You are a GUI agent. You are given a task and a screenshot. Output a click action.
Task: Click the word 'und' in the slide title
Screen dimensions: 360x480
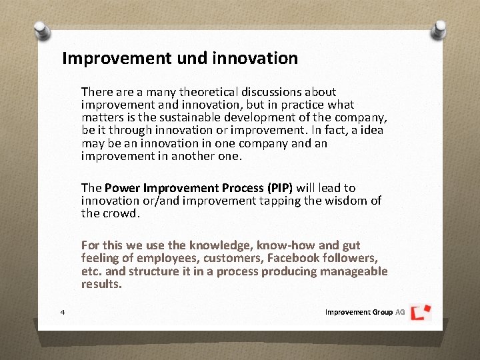click(x=193, y=58)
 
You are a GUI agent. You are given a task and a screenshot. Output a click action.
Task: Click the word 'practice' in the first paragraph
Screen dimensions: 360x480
click(x=300, y=105)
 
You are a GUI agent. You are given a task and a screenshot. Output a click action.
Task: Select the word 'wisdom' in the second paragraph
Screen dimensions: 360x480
click(x=347, y=201)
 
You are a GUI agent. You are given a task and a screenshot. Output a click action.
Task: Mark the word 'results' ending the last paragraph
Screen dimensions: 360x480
click(x=101, y=284)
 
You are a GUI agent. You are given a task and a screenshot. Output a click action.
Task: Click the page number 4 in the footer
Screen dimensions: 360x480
click(x=62, y=312)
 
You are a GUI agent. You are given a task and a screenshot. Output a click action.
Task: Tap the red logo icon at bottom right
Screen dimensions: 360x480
click(x=421, y=312)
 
